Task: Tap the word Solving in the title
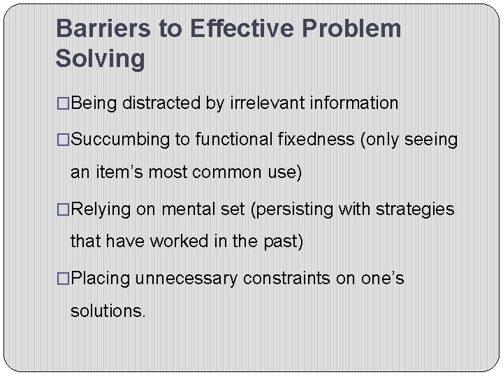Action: tap(100, 59)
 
